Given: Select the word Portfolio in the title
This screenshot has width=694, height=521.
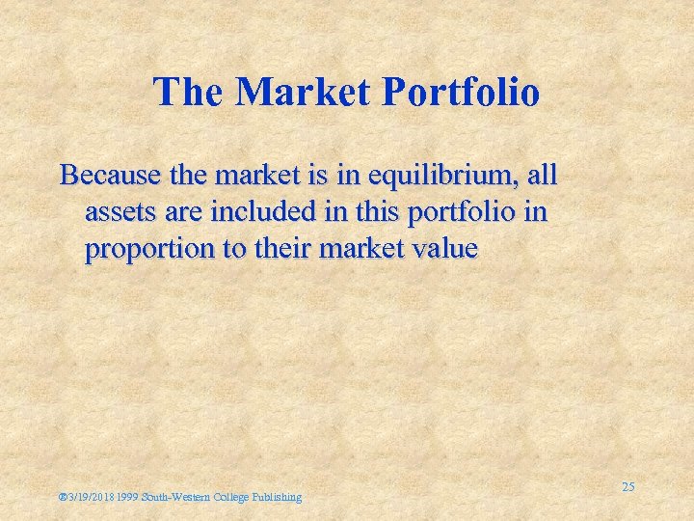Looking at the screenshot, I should tap(462, 93).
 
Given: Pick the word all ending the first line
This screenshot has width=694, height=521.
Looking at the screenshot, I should tap(542, 177).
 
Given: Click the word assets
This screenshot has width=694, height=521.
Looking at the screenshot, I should tap(117, 212).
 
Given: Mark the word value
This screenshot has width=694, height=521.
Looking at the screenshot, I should tap(440, 248).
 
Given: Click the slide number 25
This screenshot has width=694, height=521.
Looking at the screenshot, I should tap(627, 487).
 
